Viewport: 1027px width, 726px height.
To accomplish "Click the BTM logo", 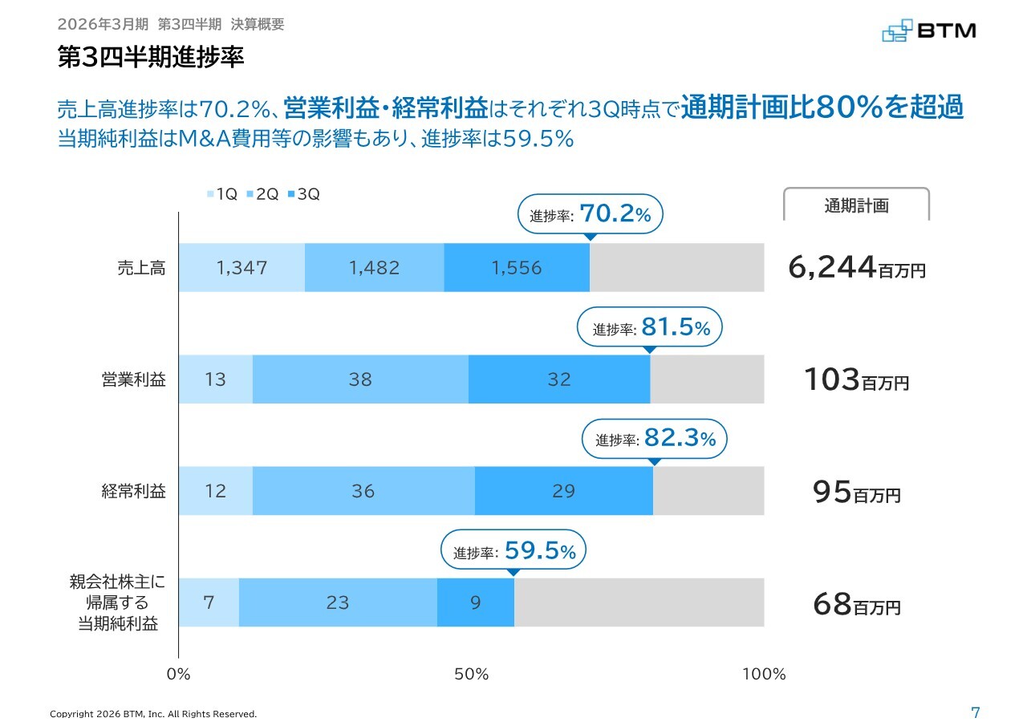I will point(928,30).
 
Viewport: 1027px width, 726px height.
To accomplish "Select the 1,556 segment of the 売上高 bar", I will point(517,268).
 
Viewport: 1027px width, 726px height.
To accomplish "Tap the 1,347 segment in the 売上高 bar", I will point(242,268).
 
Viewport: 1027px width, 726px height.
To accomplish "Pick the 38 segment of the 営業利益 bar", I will point(360,379).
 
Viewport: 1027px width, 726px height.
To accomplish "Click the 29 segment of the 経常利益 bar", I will point(564,491).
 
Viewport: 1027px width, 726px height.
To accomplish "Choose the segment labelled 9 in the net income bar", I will point(476,602).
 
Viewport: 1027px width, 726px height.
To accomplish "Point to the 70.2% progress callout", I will point(591,214).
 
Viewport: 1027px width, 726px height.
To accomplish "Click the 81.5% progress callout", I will point(651,327).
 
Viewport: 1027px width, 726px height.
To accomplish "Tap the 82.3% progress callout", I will point(654,439).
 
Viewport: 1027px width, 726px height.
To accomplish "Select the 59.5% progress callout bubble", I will point(513,551).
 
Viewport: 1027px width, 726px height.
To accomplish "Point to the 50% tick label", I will point(472,674).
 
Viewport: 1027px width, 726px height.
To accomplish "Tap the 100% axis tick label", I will point(764,674).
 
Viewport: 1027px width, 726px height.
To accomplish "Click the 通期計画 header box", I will point(856,205).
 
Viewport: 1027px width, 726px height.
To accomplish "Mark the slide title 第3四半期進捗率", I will point(151,58).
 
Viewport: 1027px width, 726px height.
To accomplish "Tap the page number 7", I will point(975,712).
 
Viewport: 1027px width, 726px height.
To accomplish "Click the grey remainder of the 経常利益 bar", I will point(708,491).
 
